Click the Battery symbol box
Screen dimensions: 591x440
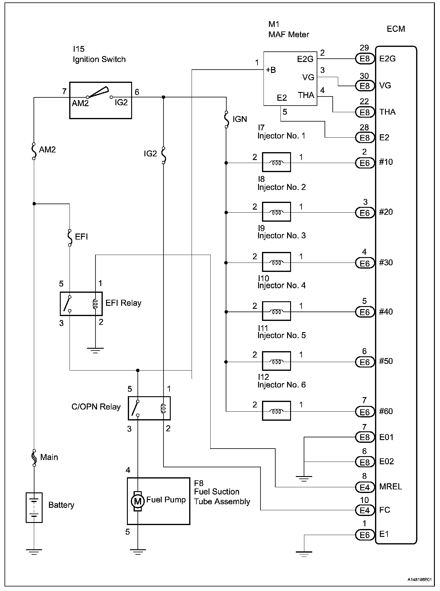tap(34, 508)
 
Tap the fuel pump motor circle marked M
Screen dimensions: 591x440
tap(137, 501)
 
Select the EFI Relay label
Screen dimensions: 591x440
tap(123, 303)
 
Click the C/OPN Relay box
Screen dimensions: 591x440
tap(149, 408)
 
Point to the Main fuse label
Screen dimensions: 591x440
tap(49, 457)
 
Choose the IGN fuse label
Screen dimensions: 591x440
tap(240, 119)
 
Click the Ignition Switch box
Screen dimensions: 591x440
tap(100, 100)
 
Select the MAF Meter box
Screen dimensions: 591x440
tap(290, 79)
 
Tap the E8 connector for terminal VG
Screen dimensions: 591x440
tap(365, 86)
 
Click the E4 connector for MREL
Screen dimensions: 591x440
tap(365, 487)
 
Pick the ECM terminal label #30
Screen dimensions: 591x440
tap(386, 263)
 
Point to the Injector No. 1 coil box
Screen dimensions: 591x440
tap(276, 162)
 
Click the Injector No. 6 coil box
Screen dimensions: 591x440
tap(276, 411)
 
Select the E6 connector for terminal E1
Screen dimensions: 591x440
tap(365, 535)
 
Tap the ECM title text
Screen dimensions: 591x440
tap(396, 29)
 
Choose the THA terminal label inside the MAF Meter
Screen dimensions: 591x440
tap(306, 95)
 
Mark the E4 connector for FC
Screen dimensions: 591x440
tap(365, 511)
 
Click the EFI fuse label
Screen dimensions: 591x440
tap(81, 237)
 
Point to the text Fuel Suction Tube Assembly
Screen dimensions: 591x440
tap(222, 497)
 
